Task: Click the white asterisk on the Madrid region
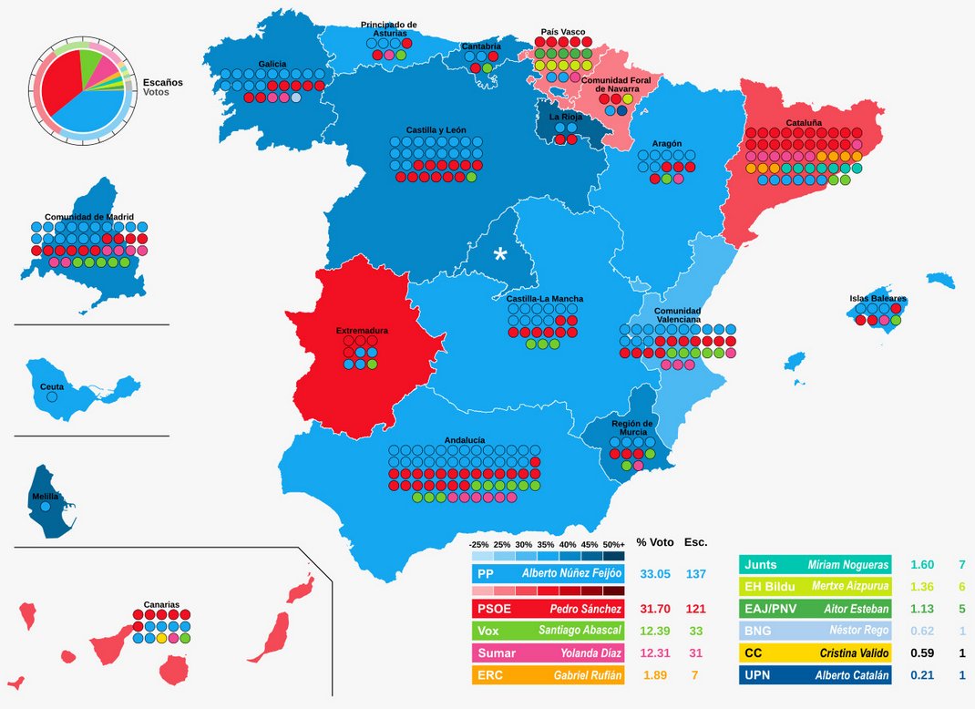[499, 254]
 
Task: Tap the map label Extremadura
[362, 330]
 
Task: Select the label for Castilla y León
[436, 131]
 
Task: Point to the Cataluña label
[804, 122]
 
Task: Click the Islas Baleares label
[877, 299]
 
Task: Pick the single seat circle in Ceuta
[52, 397]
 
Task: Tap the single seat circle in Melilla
[46, 506]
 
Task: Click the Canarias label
[161, 604]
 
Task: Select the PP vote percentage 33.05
[654, 574]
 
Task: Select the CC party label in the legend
[754, 652]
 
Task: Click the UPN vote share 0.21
[912, 675]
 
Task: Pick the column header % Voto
[654, 542]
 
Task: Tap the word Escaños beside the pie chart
[162, 82]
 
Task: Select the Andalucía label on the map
[465, 439]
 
